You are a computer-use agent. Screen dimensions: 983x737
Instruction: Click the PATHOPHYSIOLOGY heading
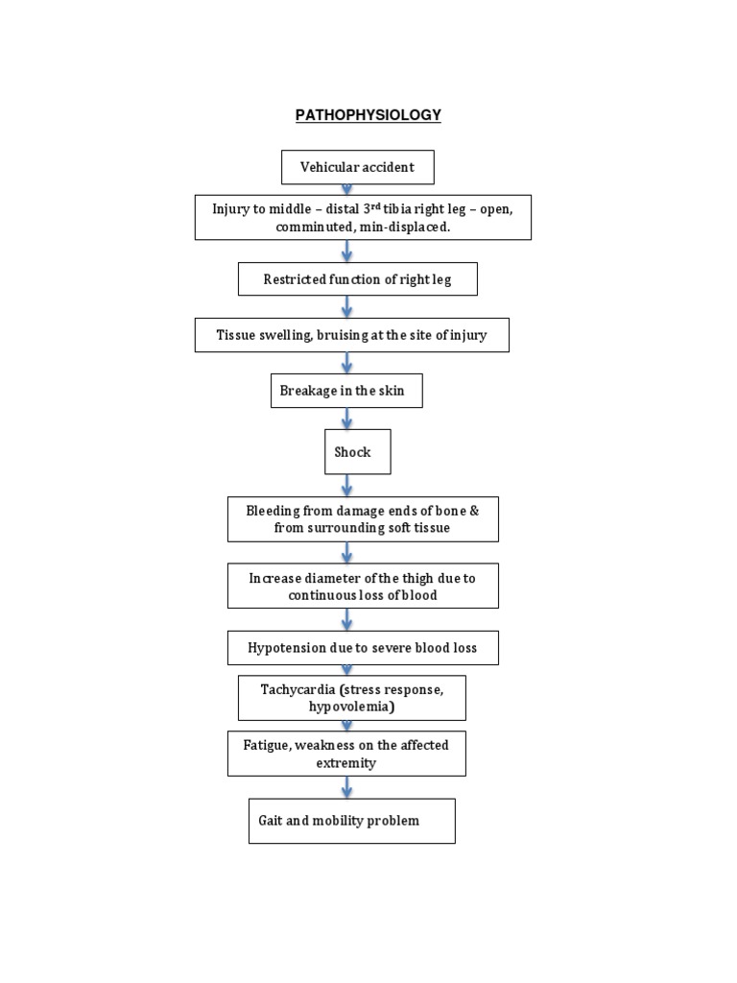pyautogui.click(x=368, y=115)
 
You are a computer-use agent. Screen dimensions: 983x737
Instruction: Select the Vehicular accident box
pyautogui.click(x=357, y=167)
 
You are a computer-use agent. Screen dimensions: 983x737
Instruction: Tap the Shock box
pyautogui.click(x=357, y=451)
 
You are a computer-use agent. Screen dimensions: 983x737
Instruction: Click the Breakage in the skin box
pyautogui.click(x=345, y=391)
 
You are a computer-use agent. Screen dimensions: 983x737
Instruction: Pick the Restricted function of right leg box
pyautogui.click(x=357, y=279)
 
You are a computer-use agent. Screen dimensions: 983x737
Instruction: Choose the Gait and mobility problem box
pyautogui.click(x=351, y=821)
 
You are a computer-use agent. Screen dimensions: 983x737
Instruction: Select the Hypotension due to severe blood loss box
pyautogui.click(x=363, y=648)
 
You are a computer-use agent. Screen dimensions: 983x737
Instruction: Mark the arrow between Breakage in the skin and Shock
pyautogui.click(x=347, y=419)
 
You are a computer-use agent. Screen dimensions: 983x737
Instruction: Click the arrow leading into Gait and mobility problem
pyautogui.click(x=347, y=787)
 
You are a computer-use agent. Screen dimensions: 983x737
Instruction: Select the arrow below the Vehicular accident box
pyautogui.click(x=347, y=189)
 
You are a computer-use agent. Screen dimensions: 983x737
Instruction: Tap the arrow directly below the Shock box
pyautogui.click(x=347, y=485)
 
